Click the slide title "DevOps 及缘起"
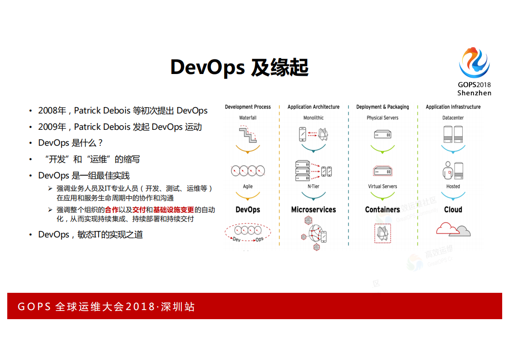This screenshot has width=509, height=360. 239,67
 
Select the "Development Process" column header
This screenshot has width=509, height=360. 248,107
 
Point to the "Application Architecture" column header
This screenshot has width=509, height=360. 313,107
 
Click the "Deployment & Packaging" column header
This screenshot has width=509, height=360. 382,107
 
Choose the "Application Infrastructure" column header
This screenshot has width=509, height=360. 453,107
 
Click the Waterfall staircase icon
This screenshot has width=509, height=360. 248,134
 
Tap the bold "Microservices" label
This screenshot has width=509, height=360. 313,210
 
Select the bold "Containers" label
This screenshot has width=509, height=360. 382,210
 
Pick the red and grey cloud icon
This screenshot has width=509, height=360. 453,229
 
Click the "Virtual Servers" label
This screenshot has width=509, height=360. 382,187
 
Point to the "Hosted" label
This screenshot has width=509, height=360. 453,187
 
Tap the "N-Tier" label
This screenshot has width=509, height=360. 313,187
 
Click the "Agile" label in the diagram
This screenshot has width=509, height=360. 248,187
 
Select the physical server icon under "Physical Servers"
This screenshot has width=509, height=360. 382,135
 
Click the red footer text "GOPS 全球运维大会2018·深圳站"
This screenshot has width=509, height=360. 106,307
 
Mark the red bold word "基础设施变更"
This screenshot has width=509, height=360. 173,210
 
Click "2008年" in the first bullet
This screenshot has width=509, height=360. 52,111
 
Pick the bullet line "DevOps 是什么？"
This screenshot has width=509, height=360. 71,143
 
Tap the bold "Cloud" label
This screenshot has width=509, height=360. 453,210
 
